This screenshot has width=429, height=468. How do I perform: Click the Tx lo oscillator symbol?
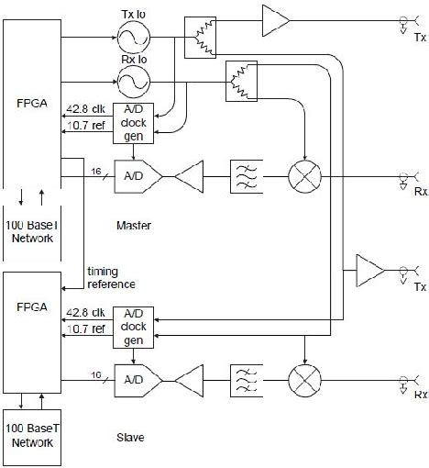pos(130,37)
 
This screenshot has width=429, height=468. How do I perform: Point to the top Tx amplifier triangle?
pos(274,17)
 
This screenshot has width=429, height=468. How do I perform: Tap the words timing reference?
pos(111,277)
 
